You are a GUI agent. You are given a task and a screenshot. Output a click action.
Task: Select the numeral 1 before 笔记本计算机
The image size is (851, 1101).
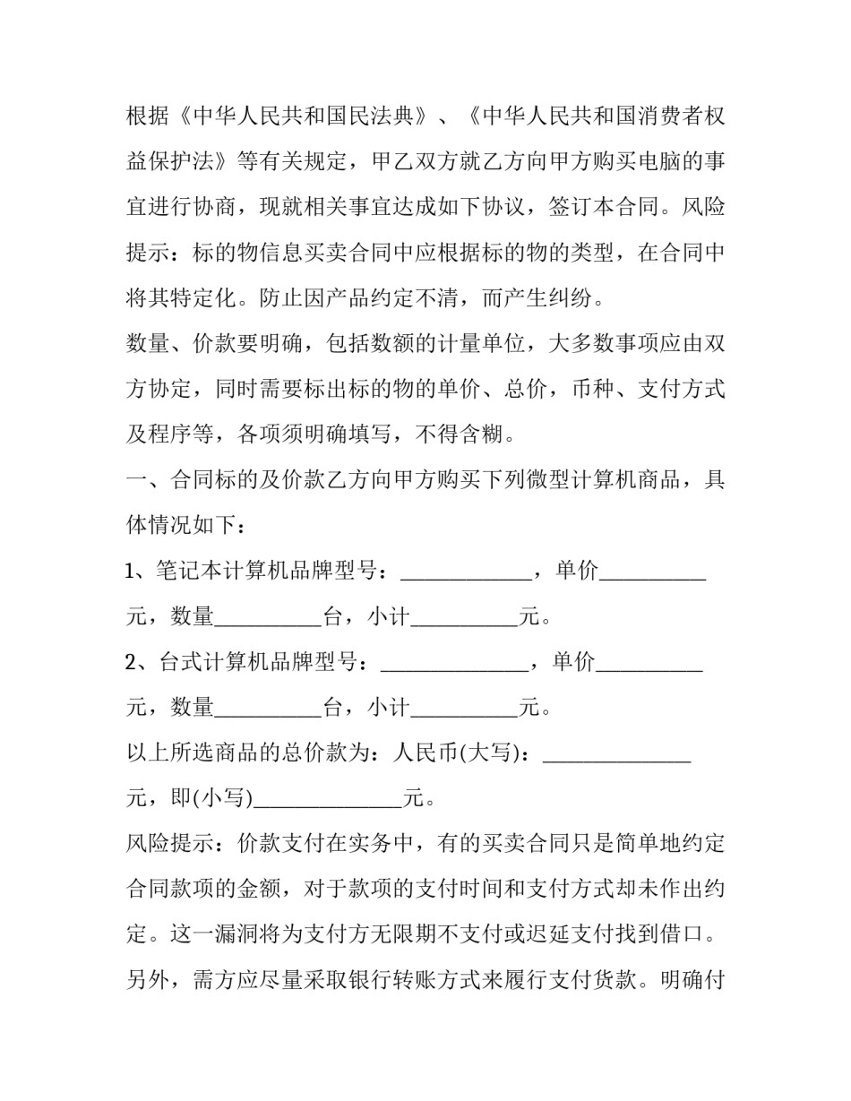tap(131, 571)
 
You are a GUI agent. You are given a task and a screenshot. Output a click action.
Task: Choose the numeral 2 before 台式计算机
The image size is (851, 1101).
tap(132, 662)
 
